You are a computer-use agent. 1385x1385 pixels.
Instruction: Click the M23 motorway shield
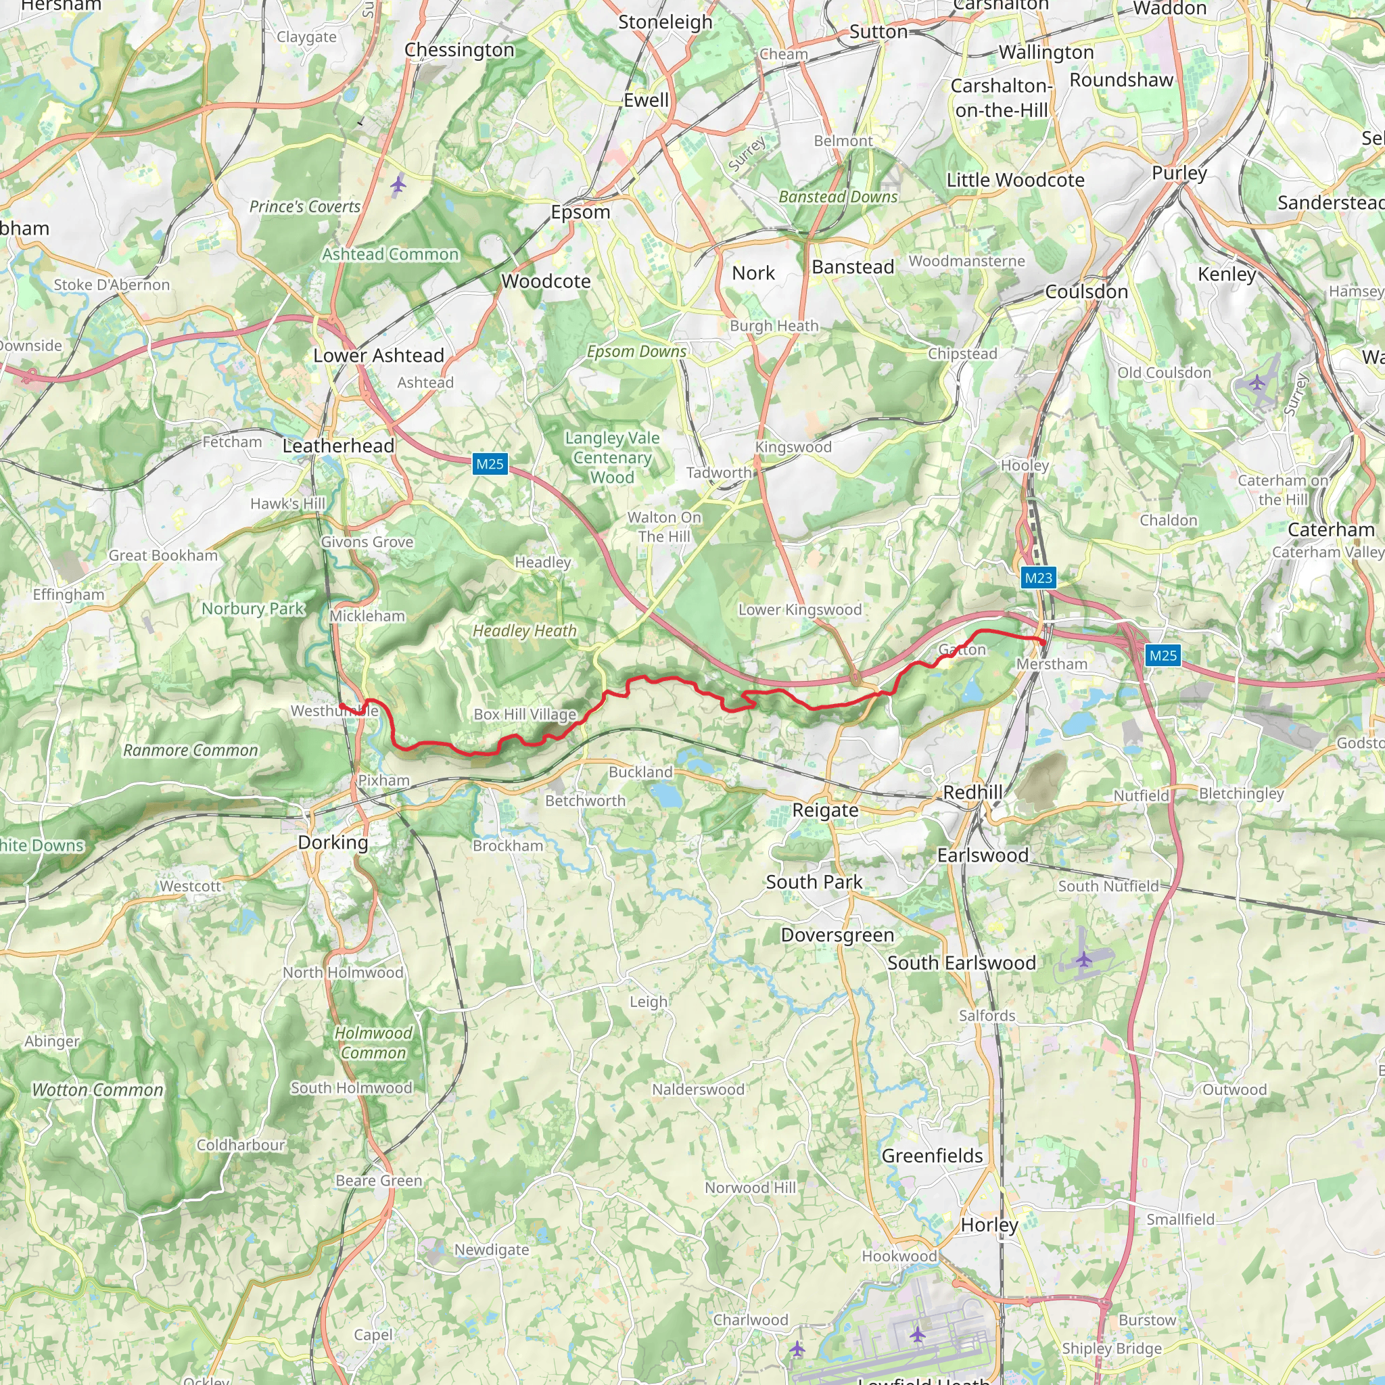pyautogui.click(x=1039, y=578)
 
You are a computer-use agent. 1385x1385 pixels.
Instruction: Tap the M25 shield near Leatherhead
pyautogui.click(x=490, y=464)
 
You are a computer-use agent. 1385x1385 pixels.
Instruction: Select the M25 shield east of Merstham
pyautogui.click(x=1163, y=655)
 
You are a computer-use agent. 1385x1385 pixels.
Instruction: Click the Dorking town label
pyautogui.click(x=333, y=843)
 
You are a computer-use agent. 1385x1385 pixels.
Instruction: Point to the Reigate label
pyautogui.click(x=825, y=811)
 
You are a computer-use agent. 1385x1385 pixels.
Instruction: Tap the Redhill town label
pyautogui.click(x=972, y=793)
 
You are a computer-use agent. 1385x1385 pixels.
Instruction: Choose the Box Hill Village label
pyautogui.click(x=525, y=715)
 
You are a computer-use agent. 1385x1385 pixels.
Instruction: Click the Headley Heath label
pyautogui.click(x=525, y=631)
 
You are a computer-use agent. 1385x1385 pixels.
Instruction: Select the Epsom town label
pyautogui.click(x=581, y=212)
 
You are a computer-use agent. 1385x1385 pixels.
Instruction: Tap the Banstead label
pyautogui.click(x=853, y=267)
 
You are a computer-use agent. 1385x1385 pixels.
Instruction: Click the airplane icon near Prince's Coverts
pyautogui.click(x=398, y=185)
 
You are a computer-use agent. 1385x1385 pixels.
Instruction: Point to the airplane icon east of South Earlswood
pyautogui.click(x=1083, y=958)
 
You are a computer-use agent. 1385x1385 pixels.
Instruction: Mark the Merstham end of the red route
pyautogui.click(x=1042, y=643)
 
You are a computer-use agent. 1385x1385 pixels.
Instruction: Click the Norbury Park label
pyautogui.click(x=253, y=609)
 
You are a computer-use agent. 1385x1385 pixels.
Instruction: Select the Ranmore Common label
pyautogui.click(x=191, y=751)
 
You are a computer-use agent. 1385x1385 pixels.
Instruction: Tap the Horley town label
pyautogui.click(x=989, y=1225)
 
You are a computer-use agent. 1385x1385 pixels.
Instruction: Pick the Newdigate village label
pyautogui.click(x=492, y=1250)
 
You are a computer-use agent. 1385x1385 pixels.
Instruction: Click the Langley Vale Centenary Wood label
pyautogui.click(x=612, y=457)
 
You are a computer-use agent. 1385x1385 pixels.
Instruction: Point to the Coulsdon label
pyautogui.click(x=1087, y=291)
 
